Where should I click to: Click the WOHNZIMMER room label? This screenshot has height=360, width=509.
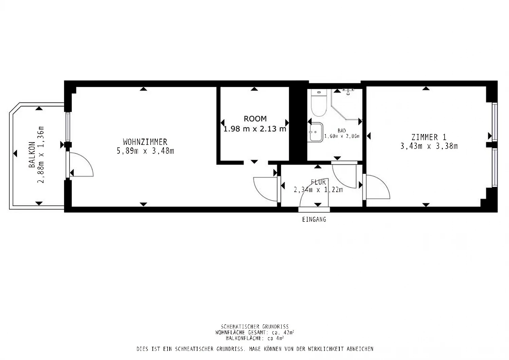click(145, 142)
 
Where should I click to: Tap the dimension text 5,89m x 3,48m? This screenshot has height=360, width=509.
click(145, 151)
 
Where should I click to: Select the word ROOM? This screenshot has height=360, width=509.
click(255, 119)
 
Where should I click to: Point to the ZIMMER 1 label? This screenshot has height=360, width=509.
click(429, 137)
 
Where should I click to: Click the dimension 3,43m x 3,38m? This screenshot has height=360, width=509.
click(429, 146)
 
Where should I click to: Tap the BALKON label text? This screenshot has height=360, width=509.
click(32, 154)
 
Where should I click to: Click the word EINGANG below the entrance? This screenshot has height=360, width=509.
click(314, 220)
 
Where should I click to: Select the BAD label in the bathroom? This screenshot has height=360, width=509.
click(342, 131)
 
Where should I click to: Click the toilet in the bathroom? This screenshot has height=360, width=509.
click(319, 103)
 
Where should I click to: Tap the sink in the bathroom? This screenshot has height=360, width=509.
click(315, 132)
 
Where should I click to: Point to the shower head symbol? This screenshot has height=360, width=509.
click(348, 92)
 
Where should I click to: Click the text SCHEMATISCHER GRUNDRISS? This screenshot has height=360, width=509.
click(255, 327)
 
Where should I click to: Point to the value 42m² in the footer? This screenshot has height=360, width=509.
click(289, 333)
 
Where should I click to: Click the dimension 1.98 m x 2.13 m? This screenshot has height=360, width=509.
click(255, 129)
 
